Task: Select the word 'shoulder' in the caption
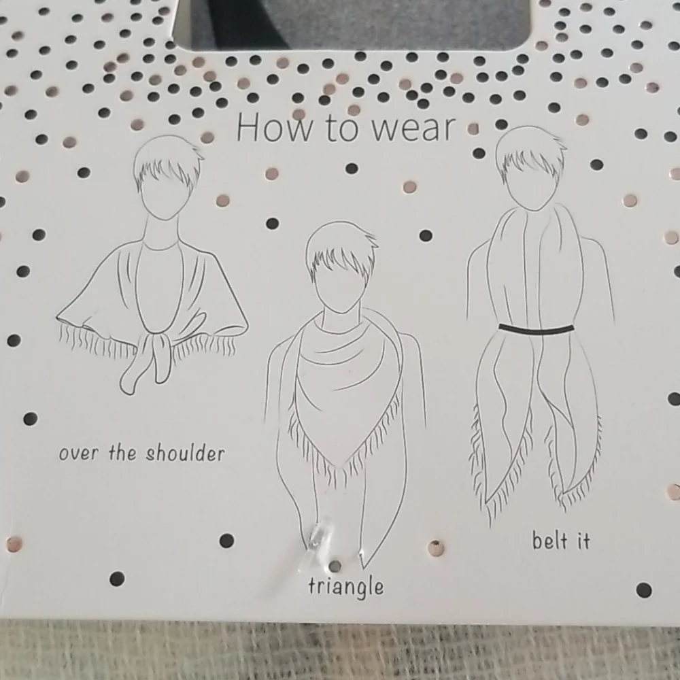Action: point(185,453)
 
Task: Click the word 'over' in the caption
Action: point(78,454)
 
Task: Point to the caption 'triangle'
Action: point(346,587)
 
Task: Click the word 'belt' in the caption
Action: point(549,541)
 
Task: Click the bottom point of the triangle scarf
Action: point(343,468)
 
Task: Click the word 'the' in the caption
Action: point(122,452)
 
